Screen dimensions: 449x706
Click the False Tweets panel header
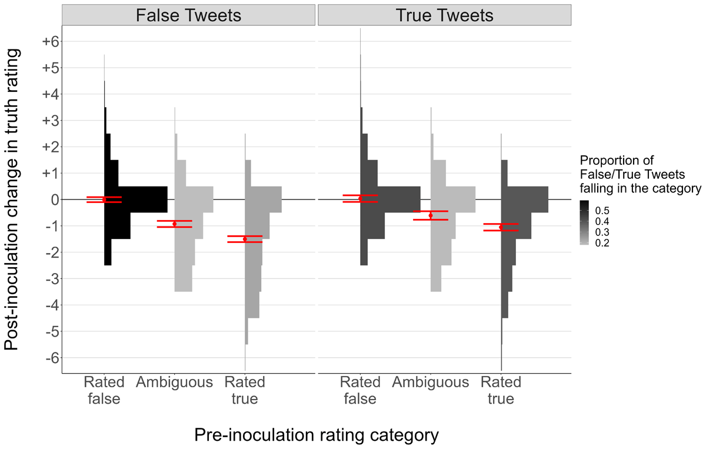coord(188,15)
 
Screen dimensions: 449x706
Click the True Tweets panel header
coord(445,15)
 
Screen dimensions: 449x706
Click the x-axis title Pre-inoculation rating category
coord(317,435)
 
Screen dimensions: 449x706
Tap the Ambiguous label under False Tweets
coord(175,383)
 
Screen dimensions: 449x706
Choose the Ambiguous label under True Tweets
coord(431,383)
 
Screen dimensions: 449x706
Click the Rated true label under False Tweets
coord(245,390)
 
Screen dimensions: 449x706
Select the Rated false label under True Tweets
coord(360,390)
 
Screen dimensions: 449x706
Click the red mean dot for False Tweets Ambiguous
coord(175,224)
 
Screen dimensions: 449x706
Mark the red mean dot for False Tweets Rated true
coord(245,239)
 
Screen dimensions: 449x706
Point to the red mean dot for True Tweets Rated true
coord(501,227)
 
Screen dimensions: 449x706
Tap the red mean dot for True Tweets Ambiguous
coord(431,215)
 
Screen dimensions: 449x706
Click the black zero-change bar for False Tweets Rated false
coord(136,199)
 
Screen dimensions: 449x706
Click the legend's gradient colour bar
coord(584,222)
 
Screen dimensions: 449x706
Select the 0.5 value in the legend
coord(604,210)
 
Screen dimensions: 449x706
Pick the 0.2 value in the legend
coord(604,243)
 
